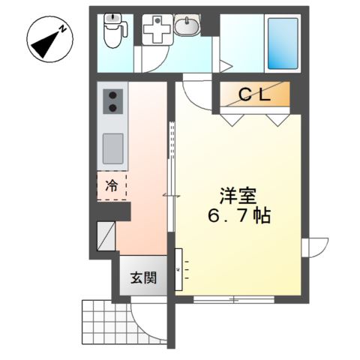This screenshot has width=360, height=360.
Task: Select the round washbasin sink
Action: pyautogui.click(x=187, y=27)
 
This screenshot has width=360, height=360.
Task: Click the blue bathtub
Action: pyautogui.click(x=282, y=43)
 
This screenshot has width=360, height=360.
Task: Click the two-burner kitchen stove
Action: pyautogui.click(x=112, y=100)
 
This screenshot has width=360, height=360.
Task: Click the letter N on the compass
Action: pyautogui.click(x=63, y=28)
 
